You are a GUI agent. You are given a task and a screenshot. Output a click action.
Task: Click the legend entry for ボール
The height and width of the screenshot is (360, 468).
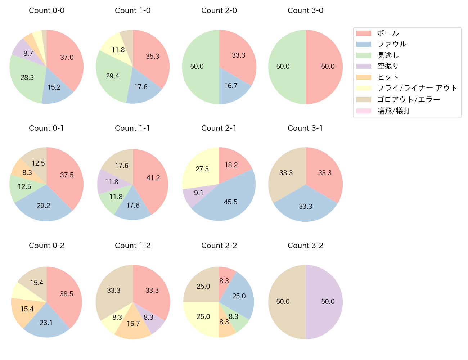[388, 33]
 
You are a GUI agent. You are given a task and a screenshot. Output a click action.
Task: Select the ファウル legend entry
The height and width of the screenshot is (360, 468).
[392, 44]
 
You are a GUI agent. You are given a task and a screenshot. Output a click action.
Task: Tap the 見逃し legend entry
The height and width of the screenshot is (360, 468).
[388, 55]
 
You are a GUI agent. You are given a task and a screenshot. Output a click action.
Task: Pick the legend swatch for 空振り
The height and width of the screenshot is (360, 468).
[364, 66]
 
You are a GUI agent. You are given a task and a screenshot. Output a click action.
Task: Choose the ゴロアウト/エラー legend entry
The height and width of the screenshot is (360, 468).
[409, 99]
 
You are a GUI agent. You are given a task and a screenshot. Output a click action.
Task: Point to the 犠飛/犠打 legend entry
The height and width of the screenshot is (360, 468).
[393, 111]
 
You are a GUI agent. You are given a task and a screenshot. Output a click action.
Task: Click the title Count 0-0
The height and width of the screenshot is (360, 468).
[46, 10]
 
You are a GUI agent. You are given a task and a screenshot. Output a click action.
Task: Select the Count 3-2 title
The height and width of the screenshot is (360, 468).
[305, 246]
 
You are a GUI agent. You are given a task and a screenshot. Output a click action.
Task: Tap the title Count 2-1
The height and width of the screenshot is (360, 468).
[219, 128]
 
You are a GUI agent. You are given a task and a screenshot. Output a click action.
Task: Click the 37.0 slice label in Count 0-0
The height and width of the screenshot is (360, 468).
[67, 57]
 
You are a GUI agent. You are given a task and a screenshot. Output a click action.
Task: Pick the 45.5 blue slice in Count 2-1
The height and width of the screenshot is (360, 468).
[230, 202]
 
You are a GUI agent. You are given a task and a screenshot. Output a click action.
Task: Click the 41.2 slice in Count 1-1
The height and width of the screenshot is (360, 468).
[153, 178]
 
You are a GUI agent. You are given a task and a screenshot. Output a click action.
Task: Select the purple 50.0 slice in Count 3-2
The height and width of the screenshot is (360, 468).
[328, 302]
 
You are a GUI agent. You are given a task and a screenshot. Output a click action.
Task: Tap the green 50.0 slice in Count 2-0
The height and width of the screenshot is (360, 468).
[197, 67]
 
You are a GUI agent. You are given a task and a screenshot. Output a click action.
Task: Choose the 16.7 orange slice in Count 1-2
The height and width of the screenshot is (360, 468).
[133, 324]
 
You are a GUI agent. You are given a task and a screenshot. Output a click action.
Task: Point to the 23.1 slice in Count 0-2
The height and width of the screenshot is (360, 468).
[46, 323]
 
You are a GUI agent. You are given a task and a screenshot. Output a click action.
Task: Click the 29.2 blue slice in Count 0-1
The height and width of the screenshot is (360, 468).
[44, 206]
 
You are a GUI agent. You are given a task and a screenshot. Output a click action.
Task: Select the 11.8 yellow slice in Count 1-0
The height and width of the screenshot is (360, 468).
[118, 50]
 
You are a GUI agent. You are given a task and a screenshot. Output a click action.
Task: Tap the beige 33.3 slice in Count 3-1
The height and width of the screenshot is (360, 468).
[286, 173]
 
